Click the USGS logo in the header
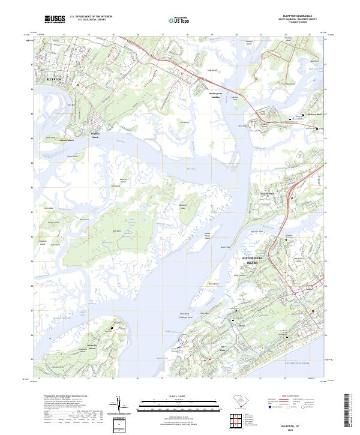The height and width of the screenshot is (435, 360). point(55,19)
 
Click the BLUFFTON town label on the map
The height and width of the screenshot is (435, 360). point(55,79)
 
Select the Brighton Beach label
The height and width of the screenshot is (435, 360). point(95,135)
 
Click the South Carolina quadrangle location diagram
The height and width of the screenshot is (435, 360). point(238,401)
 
